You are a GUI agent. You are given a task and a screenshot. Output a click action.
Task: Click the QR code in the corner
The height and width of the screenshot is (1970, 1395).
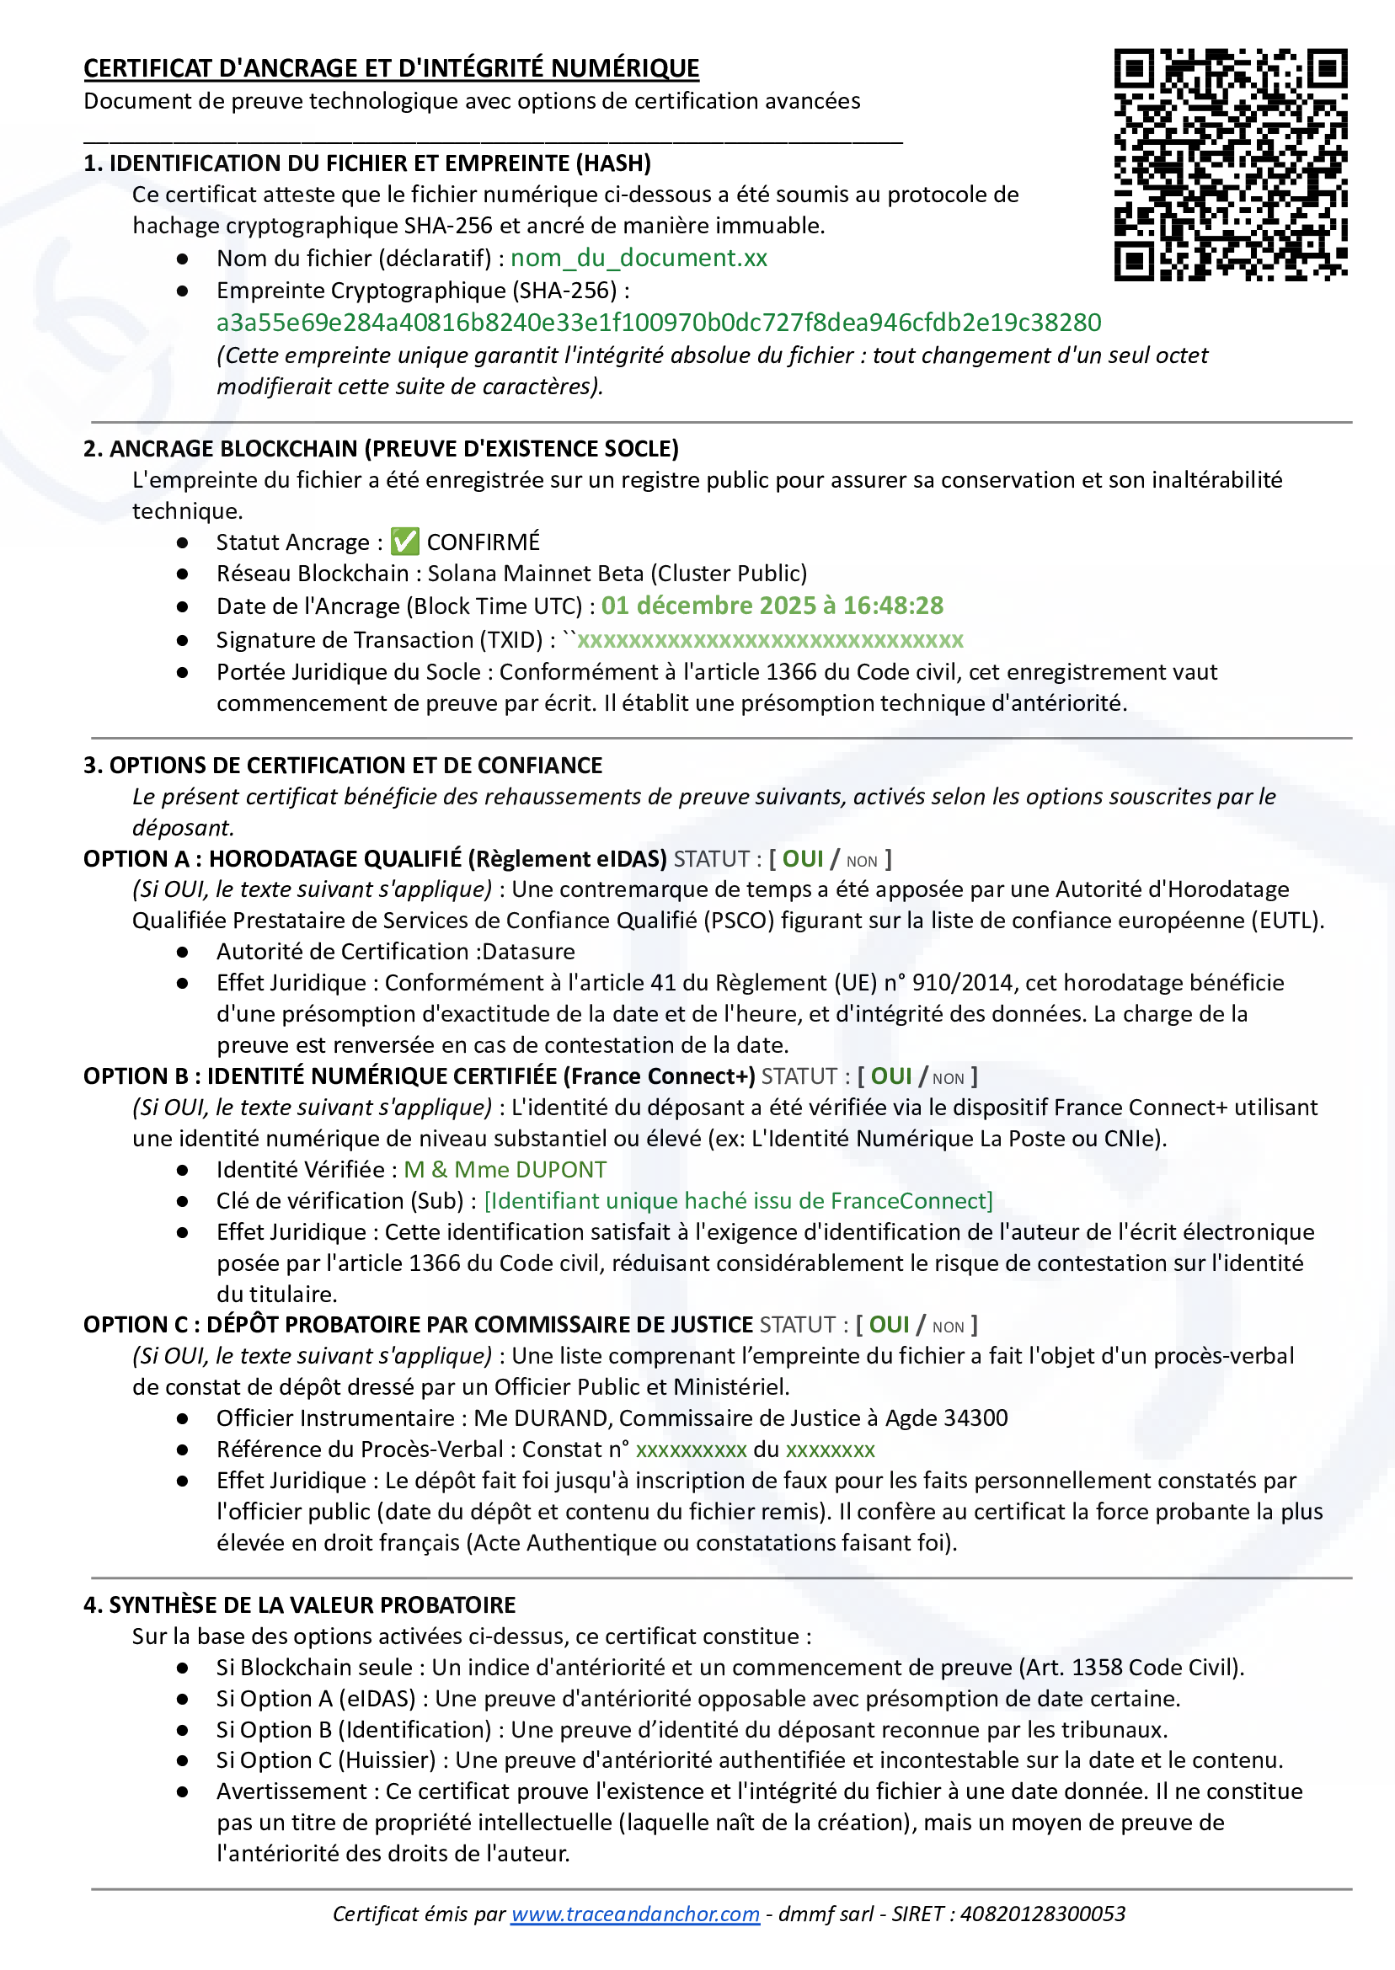point(1230,165)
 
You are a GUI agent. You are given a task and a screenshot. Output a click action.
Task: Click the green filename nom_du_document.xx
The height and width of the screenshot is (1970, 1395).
point(639,259)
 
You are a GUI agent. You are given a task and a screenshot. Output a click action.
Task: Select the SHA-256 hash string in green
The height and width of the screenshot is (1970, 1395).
point(658,323)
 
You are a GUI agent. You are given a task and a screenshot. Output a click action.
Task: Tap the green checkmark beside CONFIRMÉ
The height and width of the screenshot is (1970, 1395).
point(404,542)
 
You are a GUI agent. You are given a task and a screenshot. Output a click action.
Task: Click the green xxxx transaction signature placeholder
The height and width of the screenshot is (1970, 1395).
point(770,641)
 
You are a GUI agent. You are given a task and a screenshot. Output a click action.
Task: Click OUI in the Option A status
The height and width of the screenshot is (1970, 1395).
point(802,860)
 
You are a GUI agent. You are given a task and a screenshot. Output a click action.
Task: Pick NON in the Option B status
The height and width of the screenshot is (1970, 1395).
point(948,1079)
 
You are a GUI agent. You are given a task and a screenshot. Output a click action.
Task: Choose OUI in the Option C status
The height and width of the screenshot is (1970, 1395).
point(888,1325)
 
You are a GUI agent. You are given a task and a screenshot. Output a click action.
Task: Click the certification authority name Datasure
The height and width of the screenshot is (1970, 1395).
point(528,952)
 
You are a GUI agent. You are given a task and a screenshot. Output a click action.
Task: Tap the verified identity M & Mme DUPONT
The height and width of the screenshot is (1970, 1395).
point(505,1170)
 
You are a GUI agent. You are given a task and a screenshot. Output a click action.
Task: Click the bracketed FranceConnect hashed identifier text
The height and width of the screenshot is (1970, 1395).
point(738,1200)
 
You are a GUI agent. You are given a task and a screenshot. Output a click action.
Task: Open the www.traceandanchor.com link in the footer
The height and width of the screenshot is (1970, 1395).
point(635,1914)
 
